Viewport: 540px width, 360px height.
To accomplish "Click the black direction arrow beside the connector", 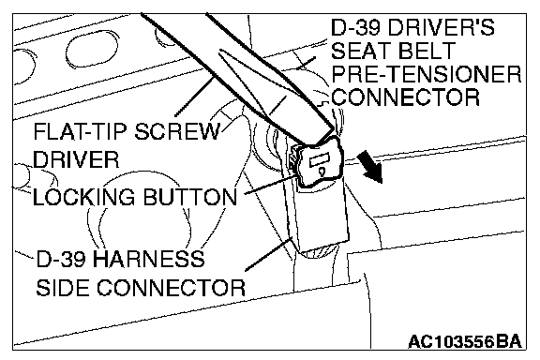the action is [370, 168].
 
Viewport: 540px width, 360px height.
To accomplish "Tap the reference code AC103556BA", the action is [465, 342].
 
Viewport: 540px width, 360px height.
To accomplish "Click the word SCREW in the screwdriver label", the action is [177, 131].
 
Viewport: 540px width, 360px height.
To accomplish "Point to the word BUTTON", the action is [190, 197].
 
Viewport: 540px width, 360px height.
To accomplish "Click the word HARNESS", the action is [148, 259].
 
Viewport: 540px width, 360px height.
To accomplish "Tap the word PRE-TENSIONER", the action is [427, 74].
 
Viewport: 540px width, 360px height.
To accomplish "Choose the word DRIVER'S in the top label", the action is [442, 27].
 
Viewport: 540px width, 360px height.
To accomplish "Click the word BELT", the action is [427, 51].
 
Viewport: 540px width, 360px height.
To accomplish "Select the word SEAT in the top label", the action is [361, 51].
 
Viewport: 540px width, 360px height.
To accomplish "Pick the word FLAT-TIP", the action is [81, 131].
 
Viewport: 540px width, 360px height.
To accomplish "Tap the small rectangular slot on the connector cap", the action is [320, 161].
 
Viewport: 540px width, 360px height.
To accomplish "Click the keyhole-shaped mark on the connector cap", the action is [322, 172].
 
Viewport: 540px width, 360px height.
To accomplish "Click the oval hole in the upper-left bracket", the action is [92, 51].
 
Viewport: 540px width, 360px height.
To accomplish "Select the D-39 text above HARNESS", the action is [61, 259].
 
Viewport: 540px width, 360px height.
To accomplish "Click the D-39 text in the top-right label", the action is [356, 27].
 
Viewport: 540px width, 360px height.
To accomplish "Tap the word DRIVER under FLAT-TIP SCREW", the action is [76, 159].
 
